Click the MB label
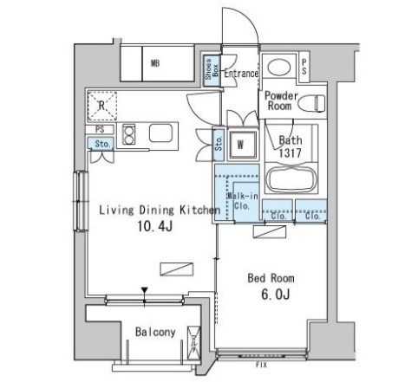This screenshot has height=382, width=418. [x=155, y=63]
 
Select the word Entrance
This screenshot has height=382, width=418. [x=241, y=74]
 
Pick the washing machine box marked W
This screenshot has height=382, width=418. [x=241, y=144]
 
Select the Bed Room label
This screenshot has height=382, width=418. [x=271, y=279]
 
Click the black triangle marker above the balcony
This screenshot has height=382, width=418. [x=145, y=291]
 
